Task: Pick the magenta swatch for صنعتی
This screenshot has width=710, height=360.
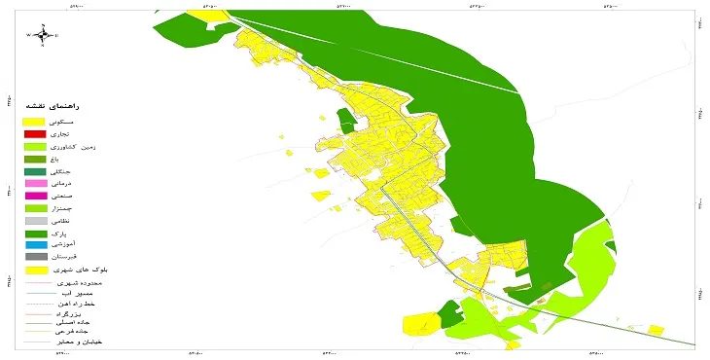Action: click(35, 197)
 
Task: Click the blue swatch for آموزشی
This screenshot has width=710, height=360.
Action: click(35, 244)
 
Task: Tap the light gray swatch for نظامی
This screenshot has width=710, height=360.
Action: click(35, 221)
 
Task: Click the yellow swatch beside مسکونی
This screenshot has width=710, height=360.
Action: click(35, 121)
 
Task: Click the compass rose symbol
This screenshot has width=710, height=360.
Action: click(44, 36)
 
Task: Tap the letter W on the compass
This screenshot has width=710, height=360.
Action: click(29, 36)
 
